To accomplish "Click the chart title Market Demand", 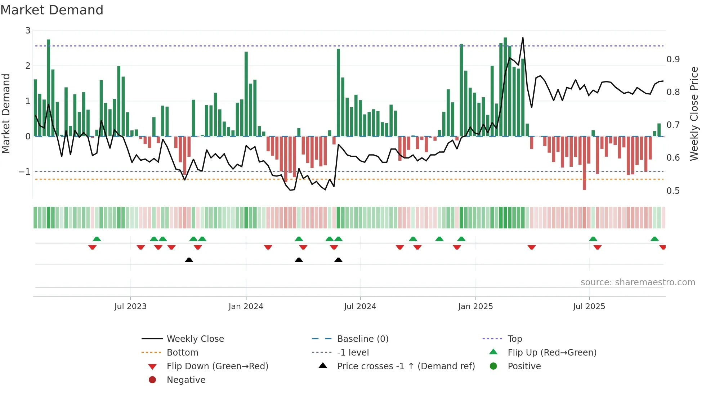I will pyautogui.click(x=52, y=10).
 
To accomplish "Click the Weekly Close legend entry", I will pyautogui.click(x=195, y=339).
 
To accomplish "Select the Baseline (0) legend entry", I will pyautogui.click(x=362, y=339).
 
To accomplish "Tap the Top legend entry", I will pyautogui.click(x=514, y=339).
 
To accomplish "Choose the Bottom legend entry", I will pyautogui.click(x=182, y=353).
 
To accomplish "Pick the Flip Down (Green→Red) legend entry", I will pyautogui.click(x=217, y=366).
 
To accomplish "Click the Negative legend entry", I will pyautogui.click(x=186, y=380).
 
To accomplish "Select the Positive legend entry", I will pyautogui.click(x=524, y=366).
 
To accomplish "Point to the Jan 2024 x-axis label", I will pyautogui.click(x=246, y=307).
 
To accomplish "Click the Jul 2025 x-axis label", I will pyautogui.click(x=589, y=307).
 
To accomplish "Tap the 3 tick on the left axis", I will pyautogui.click(x=28, y=31).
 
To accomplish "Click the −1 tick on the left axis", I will pyautogui.click(x=25, y=172).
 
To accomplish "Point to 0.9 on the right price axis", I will pyautogui.click(x=673, y=59).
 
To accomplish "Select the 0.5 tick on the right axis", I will pyautogui.click(x=673, y=191).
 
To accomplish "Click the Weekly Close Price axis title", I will pyautogui.click(x=694, y=113).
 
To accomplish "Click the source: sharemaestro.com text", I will pyautogui.click(x=638, y=282).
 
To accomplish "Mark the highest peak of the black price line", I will pyautogui.click(x=523, y=38).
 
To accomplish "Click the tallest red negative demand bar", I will pyautogui.click(x=584, y=163).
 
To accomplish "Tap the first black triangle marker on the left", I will pyautogui.click(x=189, y=260).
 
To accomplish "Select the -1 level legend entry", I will pyautogui.click(x=353, y=353).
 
